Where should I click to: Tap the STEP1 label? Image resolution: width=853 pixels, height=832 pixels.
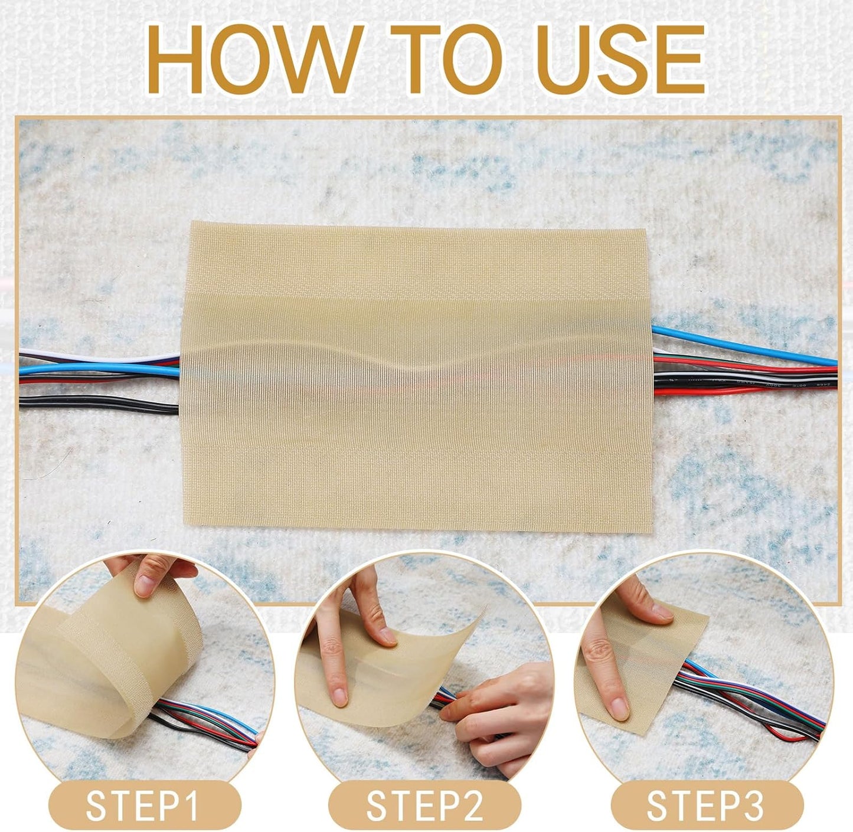tap(142, 805)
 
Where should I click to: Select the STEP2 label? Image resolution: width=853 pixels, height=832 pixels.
tap(425, 805)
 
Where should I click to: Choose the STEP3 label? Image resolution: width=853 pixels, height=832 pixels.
tap(706, 805)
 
